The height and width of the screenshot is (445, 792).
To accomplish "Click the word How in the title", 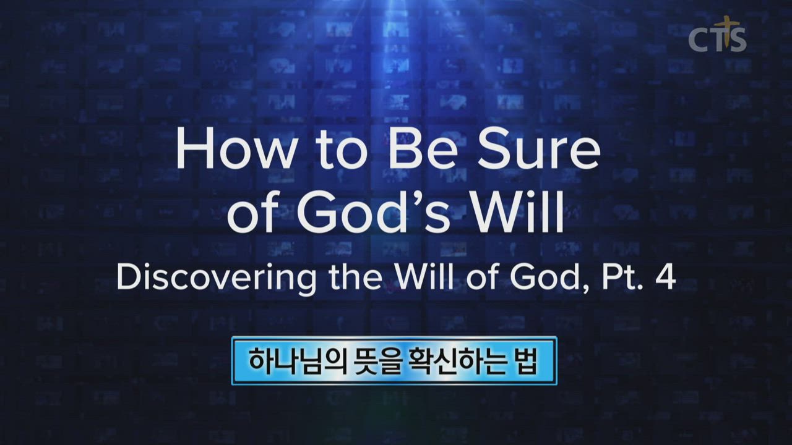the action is [x=235, y=148].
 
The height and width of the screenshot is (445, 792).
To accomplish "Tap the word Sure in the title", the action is [x=538, y=148].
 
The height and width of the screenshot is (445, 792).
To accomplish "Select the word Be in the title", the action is [x=421, y=148].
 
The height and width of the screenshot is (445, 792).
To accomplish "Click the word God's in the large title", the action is [x=373, y=213].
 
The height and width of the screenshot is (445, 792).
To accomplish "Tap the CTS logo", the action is [x=718, y=35].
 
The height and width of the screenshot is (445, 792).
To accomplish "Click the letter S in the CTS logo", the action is [x=738, y=40].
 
